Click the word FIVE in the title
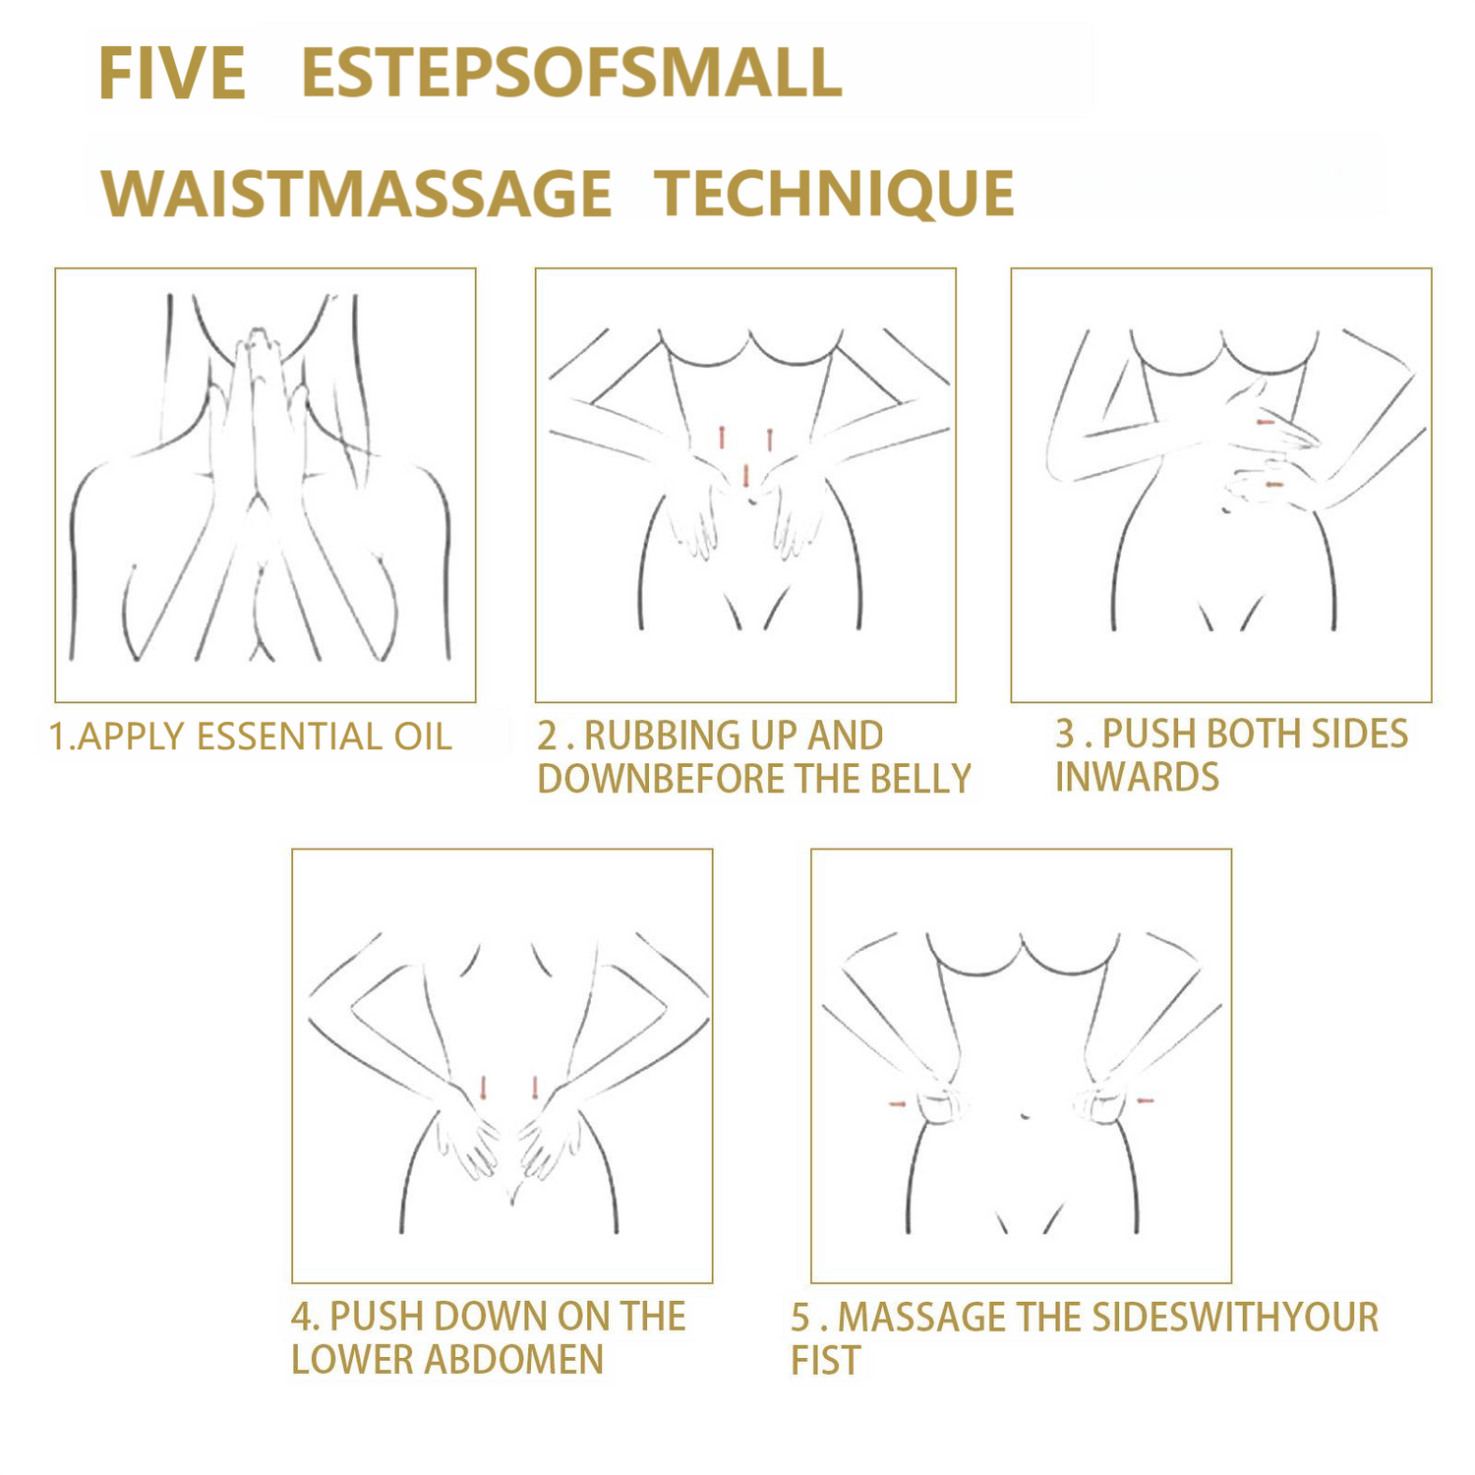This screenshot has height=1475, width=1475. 172,74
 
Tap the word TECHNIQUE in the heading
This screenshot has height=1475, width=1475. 835,193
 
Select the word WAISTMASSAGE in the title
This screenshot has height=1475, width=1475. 357,193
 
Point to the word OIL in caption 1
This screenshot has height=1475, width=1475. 423,737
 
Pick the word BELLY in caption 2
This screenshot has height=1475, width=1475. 921,779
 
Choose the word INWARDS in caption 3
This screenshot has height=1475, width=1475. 1137,777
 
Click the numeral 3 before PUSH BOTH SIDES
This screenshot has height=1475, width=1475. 1065,734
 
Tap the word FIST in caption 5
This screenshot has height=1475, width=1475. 826,1361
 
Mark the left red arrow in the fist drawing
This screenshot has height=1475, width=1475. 897,1103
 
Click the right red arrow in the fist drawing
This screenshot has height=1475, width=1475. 1145,1100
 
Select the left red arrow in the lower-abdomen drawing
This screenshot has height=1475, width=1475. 483,1088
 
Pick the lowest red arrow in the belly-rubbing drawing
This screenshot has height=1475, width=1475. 746,476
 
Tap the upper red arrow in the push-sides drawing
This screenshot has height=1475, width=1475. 1266,422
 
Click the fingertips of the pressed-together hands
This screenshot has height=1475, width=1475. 258,336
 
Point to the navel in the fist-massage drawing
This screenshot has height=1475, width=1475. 1026,1116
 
